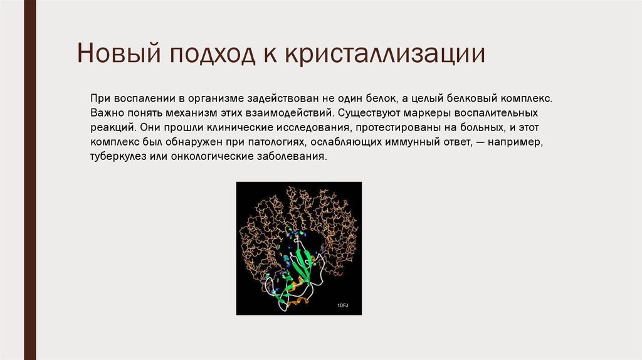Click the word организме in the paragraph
(x=214, y=99)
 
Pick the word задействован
(x=281, y=99)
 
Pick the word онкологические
(x=203, y=157)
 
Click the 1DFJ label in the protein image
(x=342, y=305)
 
